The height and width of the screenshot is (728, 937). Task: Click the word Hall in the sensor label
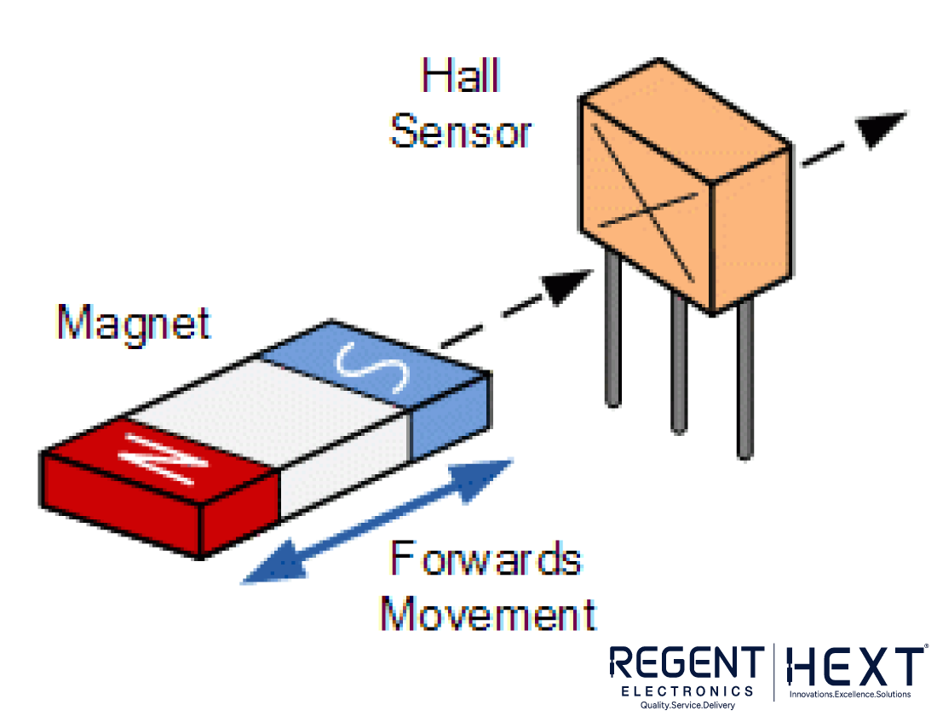click(x=461, y=77)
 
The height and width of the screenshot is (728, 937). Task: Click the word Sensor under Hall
click(x=461, y=132)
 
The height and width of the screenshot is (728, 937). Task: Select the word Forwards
click(x=486, y=560)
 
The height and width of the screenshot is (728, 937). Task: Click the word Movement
click(x=488, y=613)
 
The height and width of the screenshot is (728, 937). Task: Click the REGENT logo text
click(x=687, y=664)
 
